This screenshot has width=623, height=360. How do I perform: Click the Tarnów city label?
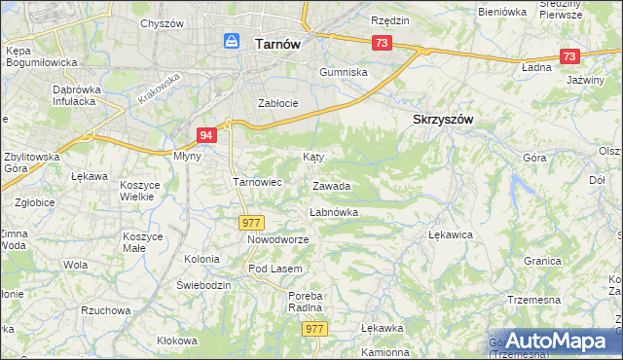pyautogui.click(x=276, y=44)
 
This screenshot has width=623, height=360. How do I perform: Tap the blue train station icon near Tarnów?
pyautogui.click(x=232, y=41)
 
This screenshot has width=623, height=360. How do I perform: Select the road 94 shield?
pyautogui.click(x=205, y=136)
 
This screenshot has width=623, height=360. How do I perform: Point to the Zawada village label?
pyautogui.click(x=331, y=185)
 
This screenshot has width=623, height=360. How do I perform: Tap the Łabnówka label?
pyautogui.click(x=334, y=211)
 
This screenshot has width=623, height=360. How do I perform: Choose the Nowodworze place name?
pyautogui.click(x=277, y=238)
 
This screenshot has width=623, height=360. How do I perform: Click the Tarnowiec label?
pyautogui.click(x=257, y=182)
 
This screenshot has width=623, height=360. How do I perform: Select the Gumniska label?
pyautogui.click(x=345, y=72)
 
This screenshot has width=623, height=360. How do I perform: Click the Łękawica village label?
pyautogui.click(x=450, y=234)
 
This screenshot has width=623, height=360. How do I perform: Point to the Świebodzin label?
pyautogui.click(x=203, y=285)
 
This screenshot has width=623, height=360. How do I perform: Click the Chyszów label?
pyautogui.click(x=161, y=22)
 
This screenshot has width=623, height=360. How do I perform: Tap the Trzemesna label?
pyautogui.click(x=533, y=300)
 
